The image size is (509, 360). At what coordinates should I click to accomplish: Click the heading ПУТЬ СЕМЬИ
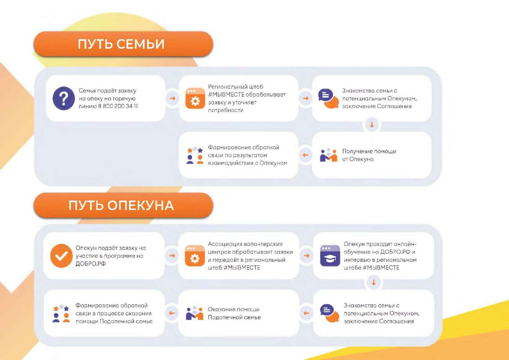coord(121,44)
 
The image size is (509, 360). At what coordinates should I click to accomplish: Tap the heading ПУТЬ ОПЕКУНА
coord(121,205)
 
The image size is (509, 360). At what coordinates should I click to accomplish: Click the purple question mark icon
coord(64,98)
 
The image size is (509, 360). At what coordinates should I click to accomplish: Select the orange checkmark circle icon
coord(61,256)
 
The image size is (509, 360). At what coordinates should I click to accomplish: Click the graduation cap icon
coord(330,256)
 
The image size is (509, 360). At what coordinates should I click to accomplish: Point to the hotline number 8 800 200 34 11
coord(118,106)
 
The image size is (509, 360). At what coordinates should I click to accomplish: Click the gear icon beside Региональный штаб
coord(195,98)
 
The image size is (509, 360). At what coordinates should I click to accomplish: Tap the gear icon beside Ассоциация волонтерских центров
coord(195,256)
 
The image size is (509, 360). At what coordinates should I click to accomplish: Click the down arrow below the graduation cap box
coord(374,283)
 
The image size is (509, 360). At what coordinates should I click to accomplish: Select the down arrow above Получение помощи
coord(372,125)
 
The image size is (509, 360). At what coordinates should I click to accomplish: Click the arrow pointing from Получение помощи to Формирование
coord(305,155)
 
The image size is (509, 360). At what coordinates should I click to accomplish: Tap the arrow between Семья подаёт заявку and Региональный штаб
coord(172,98)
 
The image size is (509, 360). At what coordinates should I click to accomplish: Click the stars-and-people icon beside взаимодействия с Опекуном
coord(195,155)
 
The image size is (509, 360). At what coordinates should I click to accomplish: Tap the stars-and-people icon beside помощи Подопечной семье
coord(61,313)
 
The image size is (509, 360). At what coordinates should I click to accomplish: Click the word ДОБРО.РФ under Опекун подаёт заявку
coord(91,264)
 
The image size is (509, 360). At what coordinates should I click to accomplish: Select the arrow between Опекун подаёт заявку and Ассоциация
coord(172,256)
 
